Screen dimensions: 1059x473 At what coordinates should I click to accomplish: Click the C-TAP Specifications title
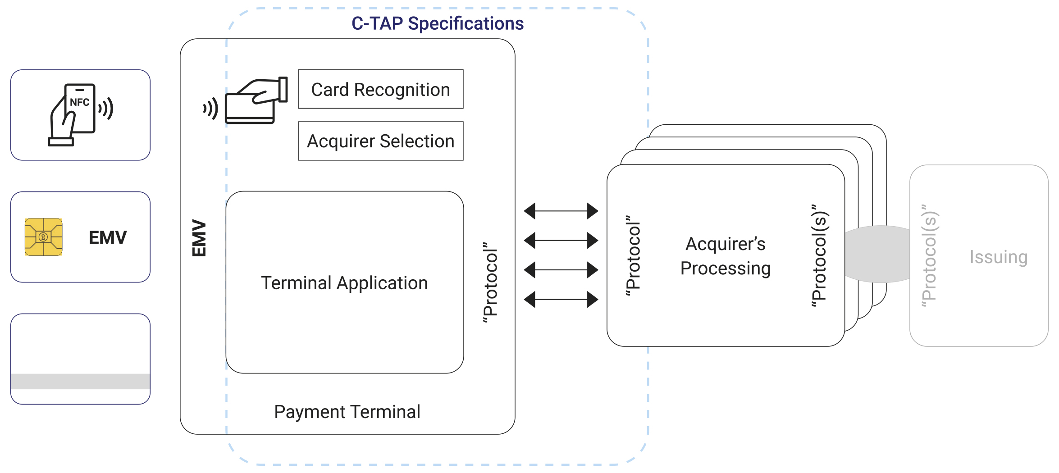tap(437, 23)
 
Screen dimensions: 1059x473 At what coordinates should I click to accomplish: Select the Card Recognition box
tap(381, 89)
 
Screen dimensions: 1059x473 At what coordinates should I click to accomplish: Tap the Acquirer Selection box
tap(381, 141)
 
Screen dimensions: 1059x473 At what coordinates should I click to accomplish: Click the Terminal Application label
tap(344, 283)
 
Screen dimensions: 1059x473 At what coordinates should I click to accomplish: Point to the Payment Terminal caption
tap(347, 412)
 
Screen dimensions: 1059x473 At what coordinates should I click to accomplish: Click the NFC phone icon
tap(80, 114)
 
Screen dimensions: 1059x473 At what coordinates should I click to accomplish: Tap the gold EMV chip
tap(44, 237)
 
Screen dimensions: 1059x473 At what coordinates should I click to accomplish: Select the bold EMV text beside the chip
tap(108, 237)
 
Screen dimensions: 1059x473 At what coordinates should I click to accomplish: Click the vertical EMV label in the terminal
tap(199, 238)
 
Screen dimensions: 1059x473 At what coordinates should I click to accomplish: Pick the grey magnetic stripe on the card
tap(80, 381)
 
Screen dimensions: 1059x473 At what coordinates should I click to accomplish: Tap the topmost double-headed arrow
tap(561, 211)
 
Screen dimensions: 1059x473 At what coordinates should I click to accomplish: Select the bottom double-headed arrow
tap(561, 299)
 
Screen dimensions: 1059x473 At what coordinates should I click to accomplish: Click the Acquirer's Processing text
tap(726, 256)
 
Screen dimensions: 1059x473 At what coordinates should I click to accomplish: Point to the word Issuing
tap(999, 257)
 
